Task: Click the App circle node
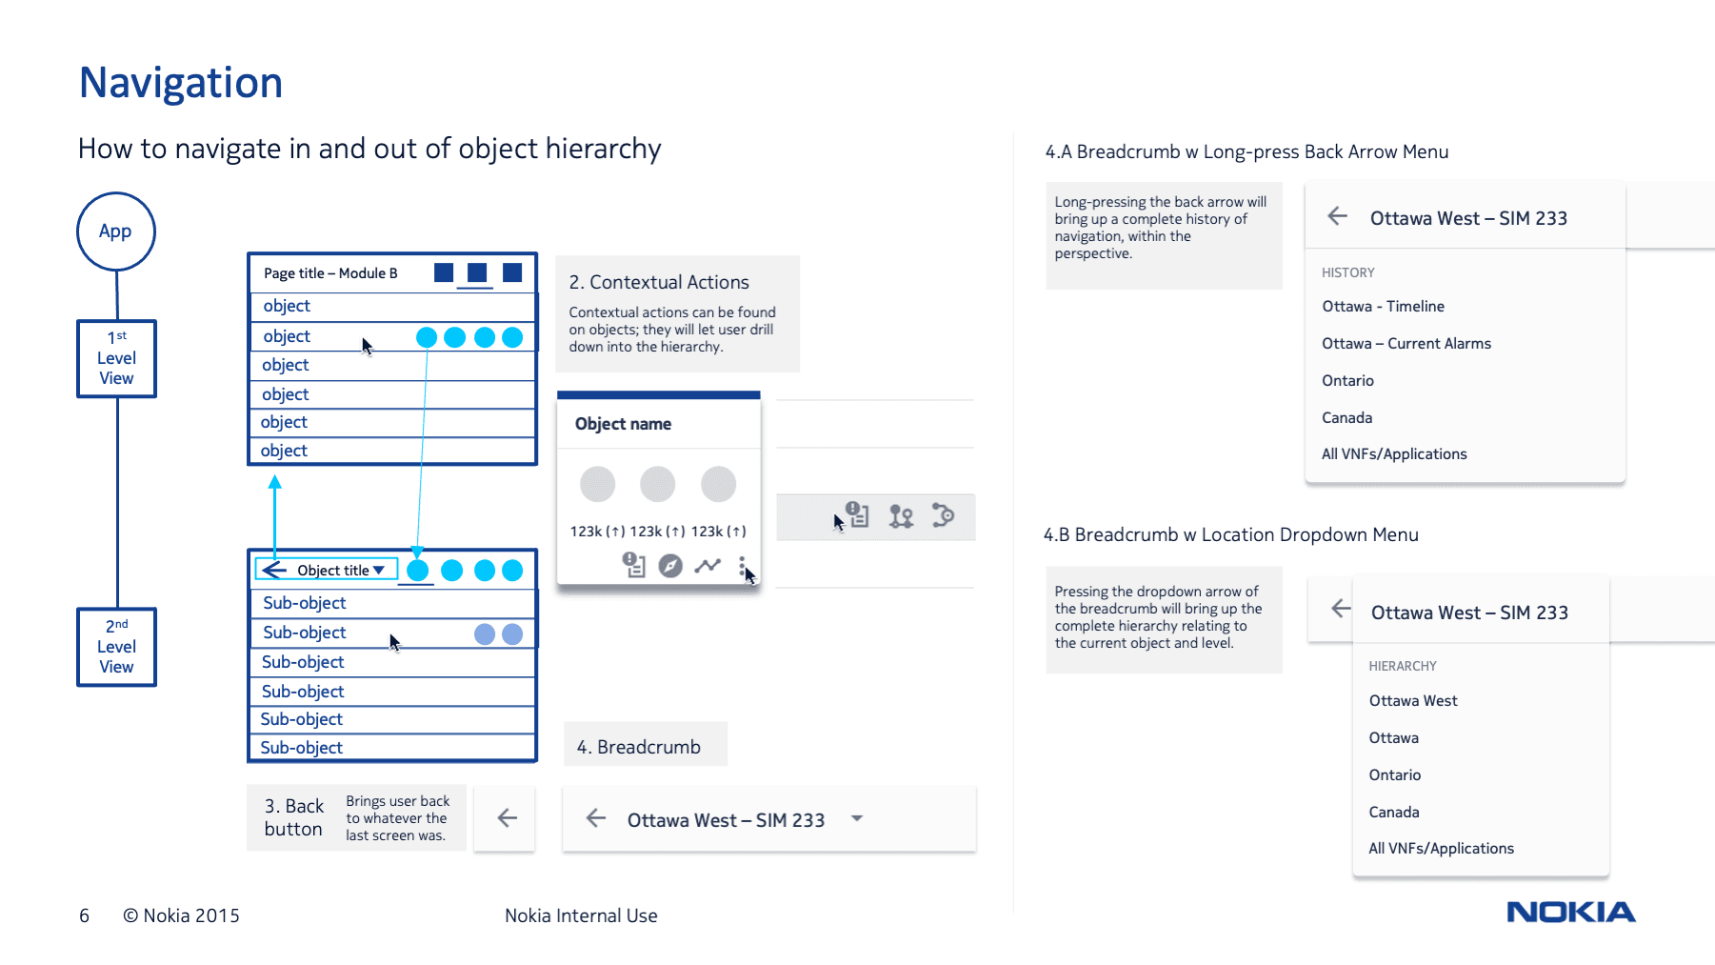[115, 231]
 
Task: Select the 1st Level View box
[116, 358]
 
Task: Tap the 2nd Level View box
[116, 647]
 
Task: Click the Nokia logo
[1570, 912]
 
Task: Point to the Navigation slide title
[181, 83]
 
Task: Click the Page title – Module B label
[330, 273]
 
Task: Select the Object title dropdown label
[339, 570]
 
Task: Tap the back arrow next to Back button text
[507, 817]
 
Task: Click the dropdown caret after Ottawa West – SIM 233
[856, 818]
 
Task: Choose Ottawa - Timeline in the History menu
[1383, 307]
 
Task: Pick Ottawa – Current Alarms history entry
[1406, 344]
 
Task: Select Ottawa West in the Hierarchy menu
[1412, 701]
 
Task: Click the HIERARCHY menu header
[1402, 666]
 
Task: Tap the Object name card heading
[623, 424]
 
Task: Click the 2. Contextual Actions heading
[659, 282]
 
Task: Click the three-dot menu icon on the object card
[742, 567]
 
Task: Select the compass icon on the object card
[670, 566]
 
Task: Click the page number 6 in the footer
[84, 915]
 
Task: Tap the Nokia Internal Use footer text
[581, 915]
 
